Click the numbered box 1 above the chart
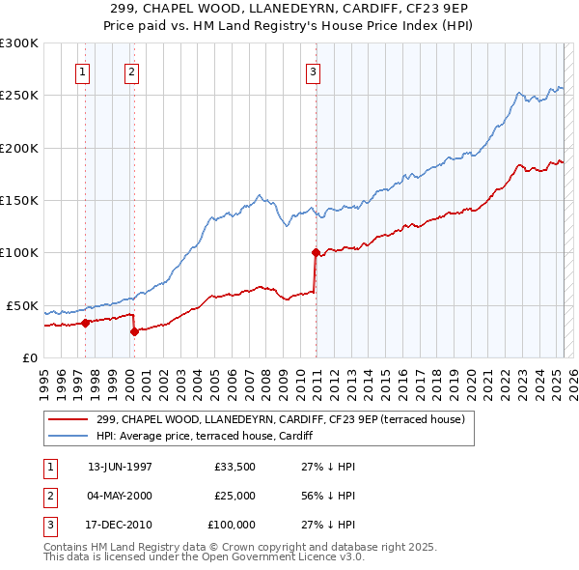pos(82,71)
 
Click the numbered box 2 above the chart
pos(131,71)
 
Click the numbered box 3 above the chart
pos(314,71)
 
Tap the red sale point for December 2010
pos(316,253)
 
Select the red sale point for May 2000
pos(134,331)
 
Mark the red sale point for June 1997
pos(85,323)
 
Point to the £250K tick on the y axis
pos(19,96)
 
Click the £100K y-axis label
pos(19,253)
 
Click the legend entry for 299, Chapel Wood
pos(281,419)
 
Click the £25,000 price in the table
pos(235,496)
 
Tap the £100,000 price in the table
pos(233,526)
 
